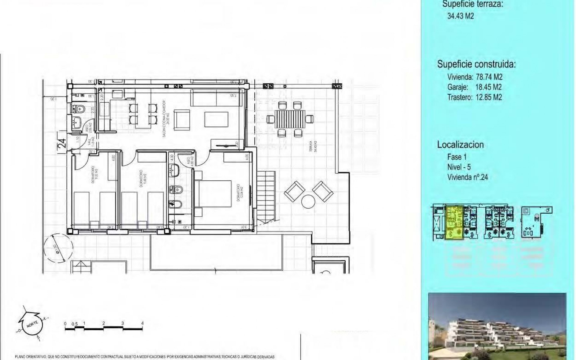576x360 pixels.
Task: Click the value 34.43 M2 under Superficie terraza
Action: tap(460, 16)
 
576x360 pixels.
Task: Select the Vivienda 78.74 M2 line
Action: tap(475, 77)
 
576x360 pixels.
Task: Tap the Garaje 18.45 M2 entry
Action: tap(474, 87)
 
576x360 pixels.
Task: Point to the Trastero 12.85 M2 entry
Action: tap(474, 97)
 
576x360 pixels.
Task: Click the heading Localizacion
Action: tap(460, 145)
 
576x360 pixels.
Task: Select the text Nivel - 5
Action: tap(459, 167)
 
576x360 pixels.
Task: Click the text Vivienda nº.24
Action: tap(467, 177)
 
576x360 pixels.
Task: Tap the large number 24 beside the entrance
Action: tap(62, 142)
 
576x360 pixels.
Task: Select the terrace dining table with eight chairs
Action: tap(290, 119)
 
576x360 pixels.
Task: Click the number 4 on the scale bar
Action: tap(142, 323)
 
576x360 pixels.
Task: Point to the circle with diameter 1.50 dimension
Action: tap(58, 247)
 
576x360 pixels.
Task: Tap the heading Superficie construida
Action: tap(476, 64)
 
